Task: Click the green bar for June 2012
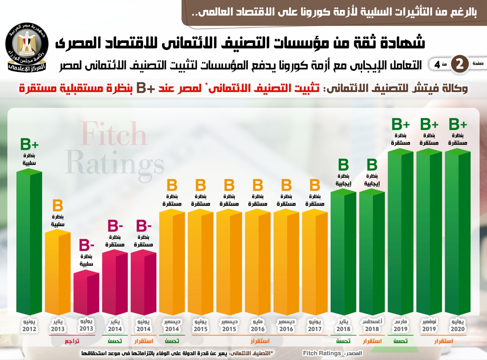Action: click(29, 243)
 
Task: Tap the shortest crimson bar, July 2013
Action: click(86, 293)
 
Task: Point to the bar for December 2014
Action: click(172, 262)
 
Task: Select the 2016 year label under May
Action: click(258, 329)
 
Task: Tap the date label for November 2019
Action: click(429, 325)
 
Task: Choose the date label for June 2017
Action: click(315, 325)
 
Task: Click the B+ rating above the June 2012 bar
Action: click(29, 144)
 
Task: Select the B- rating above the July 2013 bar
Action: click(86, 245)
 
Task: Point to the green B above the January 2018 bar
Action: click(344, 165)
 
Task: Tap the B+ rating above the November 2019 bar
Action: click(429, 124)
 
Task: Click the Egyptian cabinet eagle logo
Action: click(27, 48)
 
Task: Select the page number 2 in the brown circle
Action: click(460, 64)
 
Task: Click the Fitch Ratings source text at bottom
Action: click(322, 353)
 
